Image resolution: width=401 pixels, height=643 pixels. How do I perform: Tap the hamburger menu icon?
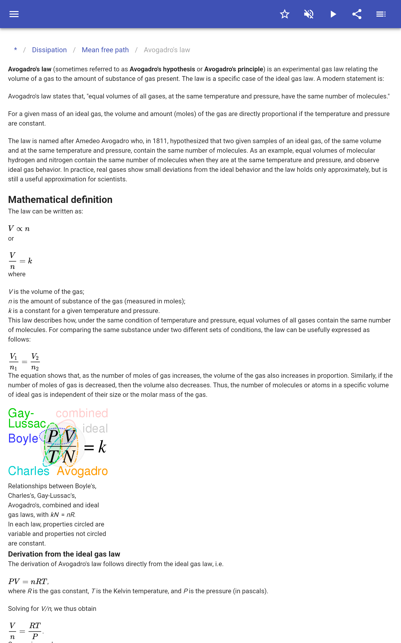coord(14,14)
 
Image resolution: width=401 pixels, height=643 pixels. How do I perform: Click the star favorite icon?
coord(284,14)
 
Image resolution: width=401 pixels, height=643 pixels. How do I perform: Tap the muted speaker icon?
coord(309,14)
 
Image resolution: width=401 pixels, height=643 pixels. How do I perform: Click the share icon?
coord(357,14)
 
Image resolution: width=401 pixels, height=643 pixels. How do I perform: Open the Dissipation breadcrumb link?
coord(49,50)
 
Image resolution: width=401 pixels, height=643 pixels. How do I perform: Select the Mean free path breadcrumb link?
coord(105,50)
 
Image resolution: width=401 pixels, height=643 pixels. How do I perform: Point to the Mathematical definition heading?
coord(60,199)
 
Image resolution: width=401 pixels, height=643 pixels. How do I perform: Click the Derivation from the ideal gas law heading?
coord(64,554)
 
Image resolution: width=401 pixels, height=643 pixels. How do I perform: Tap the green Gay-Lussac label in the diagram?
coord(27,418)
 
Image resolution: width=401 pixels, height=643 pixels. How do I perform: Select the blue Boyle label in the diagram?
coord(23,438)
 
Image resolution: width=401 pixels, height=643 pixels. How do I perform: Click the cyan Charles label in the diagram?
coord(29,471)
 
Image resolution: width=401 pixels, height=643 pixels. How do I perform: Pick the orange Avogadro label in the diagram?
coord(82,471)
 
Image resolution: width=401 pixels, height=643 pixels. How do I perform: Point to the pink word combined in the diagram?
coord(82,413)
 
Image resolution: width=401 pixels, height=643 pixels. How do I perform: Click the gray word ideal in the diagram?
coord(95,428)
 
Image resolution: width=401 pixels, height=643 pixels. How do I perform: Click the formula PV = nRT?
coord(28,581)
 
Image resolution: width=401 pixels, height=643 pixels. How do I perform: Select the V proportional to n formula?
coord(19,229)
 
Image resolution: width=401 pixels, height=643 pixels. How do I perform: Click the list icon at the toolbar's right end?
coord(381,14)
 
